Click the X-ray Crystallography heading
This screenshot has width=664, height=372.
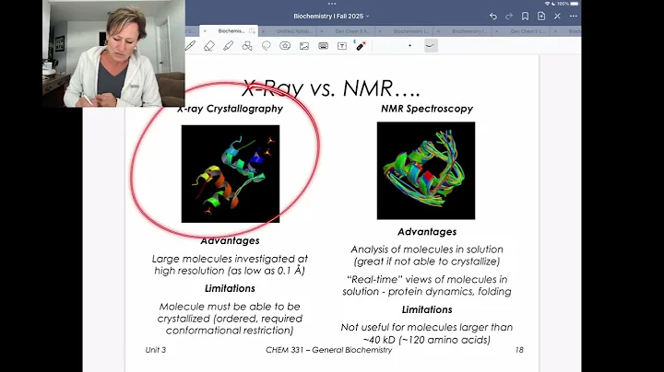(230, 109)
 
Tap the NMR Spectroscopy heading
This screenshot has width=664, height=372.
(427, 109)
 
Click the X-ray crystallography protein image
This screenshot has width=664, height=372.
(231, 173)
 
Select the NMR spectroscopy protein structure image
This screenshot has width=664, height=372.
(425, 171)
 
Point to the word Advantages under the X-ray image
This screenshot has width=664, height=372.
(231, 241)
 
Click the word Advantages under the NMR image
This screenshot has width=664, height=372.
(427, 232)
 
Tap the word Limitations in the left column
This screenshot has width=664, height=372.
(231, 288)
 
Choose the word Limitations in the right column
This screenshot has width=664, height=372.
(427, 309)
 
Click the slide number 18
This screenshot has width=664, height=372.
(519, 350)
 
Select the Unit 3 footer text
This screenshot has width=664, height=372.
(161, 350)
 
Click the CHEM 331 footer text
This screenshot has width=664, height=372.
(328, 350)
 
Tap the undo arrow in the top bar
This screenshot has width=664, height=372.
(493, 17)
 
